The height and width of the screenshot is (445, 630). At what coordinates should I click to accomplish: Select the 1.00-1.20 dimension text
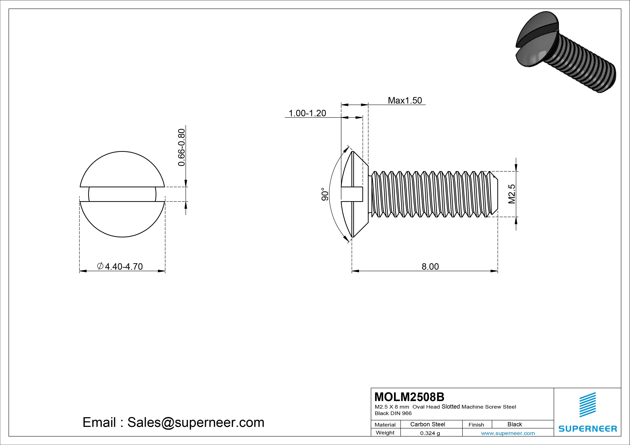pyautogui.click(x=307, y=113)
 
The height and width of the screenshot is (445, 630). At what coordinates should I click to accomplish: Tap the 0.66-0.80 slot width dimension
pyautogui.click(x=182, y=147)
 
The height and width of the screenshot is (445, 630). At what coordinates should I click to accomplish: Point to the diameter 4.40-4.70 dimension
pyautogui.click(x=120, y=266)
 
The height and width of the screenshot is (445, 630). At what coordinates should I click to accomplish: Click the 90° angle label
pyautogui.click(x=325, y=194)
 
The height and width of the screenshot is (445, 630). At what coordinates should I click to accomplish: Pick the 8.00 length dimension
pyautogui.click(x=430, y=266)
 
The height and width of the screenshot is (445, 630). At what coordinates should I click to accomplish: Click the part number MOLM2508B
pyautogui.click(x=409, y=397)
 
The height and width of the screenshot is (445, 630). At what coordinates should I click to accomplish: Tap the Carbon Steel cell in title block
pyautogui.click(x=427, y=424)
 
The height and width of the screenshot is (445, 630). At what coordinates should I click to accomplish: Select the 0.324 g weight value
pyautogui.click(x=430, y=433)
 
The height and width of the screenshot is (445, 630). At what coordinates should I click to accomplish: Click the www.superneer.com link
pyautogui.click(x=508, y=433)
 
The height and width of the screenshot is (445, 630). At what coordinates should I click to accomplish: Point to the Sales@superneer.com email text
pyautogui.click(x=196, y=422)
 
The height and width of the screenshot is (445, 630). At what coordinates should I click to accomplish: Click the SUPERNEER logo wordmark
pyautogui.click(x=587, y=428)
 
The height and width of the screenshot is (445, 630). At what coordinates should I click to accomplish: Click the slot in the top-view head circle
pyautogui.click(x=122, y=194)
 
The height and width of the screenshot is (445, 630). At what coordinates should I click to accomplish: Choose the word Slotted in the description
pyautogui.click(x=451, y=407)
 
